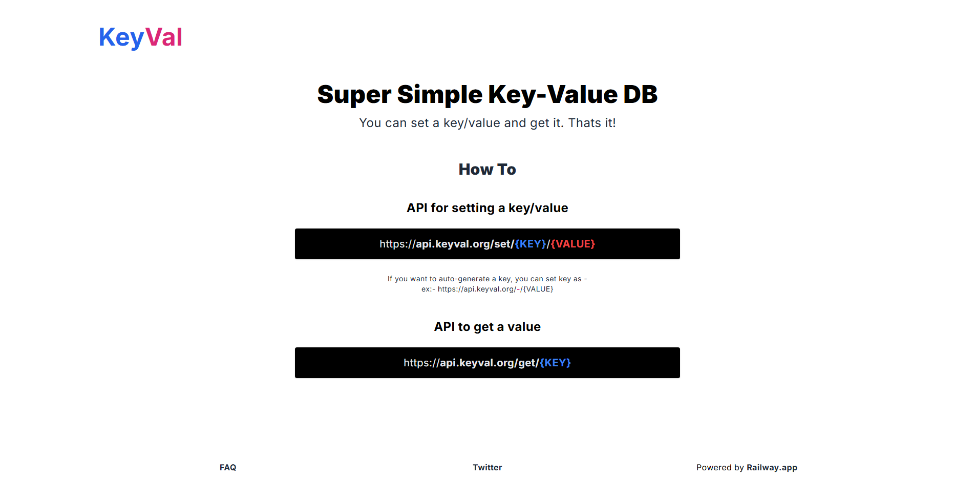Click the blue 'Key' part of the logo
coord(121,38)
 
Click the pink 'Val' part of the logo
coord(164,38)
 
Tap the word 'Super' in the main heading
coord(354,95)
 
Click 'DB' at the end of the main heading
coord(640,95)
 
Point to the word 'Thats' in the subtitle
coord(584,123)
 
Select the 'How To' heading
coord(487,170)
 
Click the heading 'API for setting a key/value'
coord(487,208)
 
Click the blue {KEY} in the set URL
coord(531,244)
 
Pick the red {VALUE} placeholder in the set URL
coord(573,244)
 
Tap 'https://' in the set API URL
coord(397,244)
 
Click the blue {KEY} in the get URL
coord(555,363)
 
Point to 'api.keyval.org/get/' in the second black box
coord(489,363)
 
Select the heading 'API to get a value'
coord(487,327)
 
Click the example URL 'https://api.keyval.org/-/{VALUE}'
coord(495,289)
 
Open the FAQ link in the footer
coord(228,467)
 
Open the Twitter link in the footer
coord(487,467)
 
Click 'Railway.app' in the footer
coord(772,467)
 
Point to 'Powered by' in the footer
coord(719,467)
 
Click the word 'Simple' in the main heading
coord(439,95)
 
